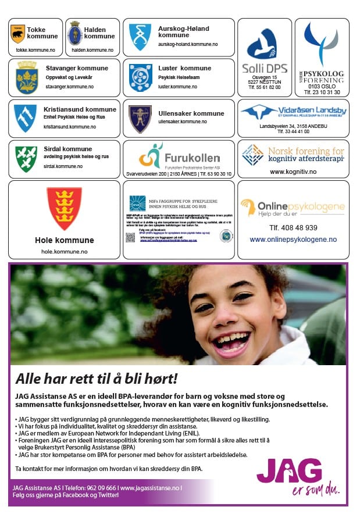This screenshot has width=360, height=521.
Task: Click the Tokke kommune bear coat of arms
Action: pos(18,34)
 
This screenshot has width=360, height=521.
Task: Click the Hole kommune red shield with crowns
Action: pos(64,208)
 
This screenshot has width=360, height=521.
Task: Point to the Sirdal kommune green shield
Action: pos(26,158)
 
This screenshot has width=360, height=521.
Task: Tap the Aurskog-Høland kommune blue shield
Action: pos(140,36)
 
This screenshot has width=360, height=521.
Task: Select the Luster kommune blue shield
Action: pos(140,77)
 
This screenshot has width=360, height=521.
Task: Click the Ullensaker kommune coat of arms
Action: pos(140,118)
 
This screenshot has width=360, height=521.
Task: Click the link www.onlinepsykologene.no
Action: pos(293,240)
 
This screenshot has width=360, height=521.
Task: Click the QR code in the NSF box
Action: pos(130,237)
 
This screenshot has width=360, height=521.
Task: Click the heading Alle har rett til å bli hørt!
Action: pos(96,379)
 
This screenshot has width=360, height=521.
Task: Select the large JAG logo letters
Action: pos(289,470)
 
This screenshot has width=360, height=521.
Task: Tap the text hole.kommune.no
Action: pos(64,251)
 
